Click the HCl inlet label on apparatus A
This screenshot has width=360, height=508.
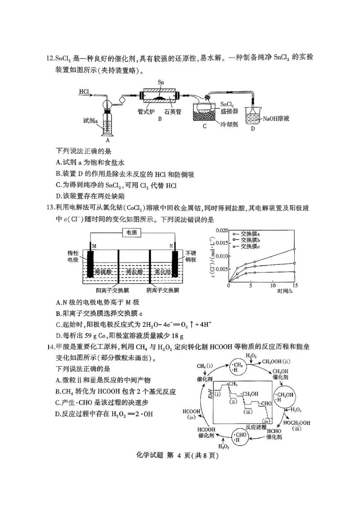(x=84, y=92)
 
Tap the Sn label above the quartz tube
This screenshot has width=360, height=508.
(x=161, y=83)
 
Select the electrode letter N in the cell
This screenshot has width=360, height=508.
(x=171, y=245)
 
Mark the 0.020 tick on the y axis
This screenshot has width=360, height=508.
(x=222, y=230)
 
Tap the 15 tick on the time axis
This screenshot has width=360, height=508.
(x=295, y=285)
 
